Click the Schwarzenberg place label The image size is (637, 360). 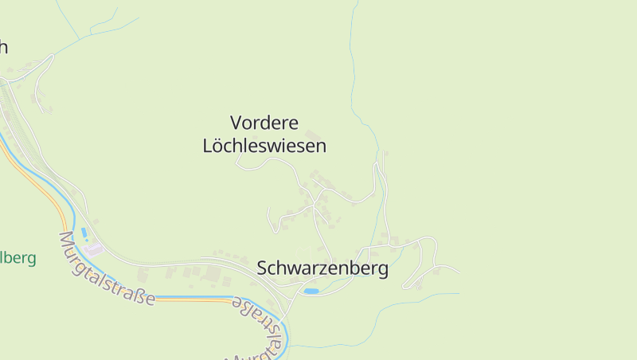[322, 268]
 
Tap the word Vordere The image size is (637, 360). [264, 123]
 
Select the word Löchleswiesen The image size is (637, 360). [264, 147]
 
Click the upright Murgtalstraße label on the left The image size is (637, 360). [107, 268]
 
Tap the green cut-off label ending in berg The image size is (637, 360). [18, 258]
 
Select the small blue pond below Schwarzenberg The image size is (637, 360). [311, 292]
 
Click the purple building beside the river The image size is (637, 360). [94, 249]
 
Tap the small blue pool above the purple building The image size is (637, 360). [84, 232]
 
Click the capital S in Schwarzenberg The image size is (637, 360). [263, 268]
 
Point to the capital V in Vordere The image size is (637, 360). [236, 123]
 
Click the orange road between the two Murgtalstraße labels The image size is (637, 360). [191, 299]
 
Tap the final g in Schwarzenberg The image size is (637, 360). [384, 270]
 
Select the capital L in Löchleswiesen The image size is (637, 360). [208, 147]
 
